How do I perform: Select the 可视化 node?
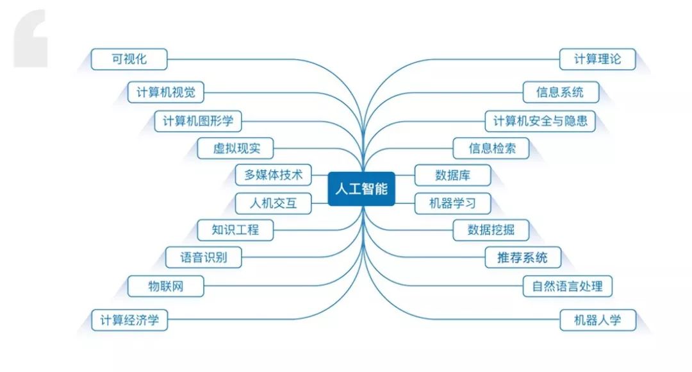[x=129, y=60]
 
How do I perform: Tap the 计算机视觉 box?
[x=165, y=92]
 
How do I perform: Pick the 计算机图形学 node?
[x=197, y=121]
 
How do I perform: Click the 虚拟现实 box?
[x=236, y=149]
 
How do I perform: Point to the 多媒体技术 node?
[x=273, y=174]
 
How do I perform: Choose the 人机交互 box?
[x=273, y=203]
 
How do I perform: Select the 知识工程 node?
[x=236, y=229]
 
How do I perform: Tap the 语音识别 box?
[x=202, y=258]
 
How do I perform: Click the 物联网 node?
[x=166, y=286]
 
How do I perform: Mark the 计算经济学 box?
[x=129, y=320]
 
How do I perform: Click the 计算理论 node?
[x=598, y=60]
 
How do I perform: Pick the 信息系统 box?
[x=561, y=92]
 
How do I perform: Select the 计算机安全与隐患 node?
[x=540, y=121]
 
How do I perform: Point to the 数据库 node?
[x=453, y=175]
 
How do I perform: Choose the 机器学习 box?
[x=452, y=203]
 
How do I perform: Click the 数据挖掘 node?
[x=491, y=229]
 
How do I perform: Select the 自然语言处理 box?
[x=567, y=286]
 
